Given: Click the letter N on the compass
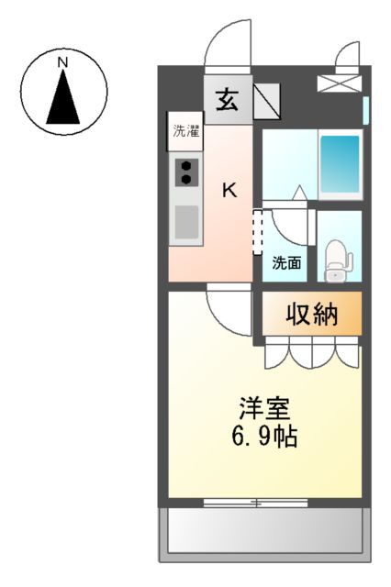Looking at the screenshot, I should pyautogui.click(x=62, y=62).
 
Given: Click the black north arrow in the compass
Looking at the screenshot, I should pyautogui.click(x=62, y=99).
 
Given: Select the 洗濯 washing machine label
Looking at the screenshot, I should pyautogui.click(x=184, y=131).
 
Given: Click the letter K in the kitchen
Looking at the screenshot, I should pyautogui.click(x=230, y=191).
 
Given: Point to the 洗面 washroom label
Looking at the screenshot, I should pyautogui.click(x=286, y=263).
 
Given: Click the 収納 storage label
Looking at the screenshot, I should pyautogui.click(x=313, y=315).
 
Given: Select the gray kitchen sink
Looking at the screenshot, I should pyautogui.click(x=186, y=223).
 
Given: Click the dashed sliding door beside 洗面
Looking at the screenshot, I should pyautogui.click(x=257, y=233).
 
